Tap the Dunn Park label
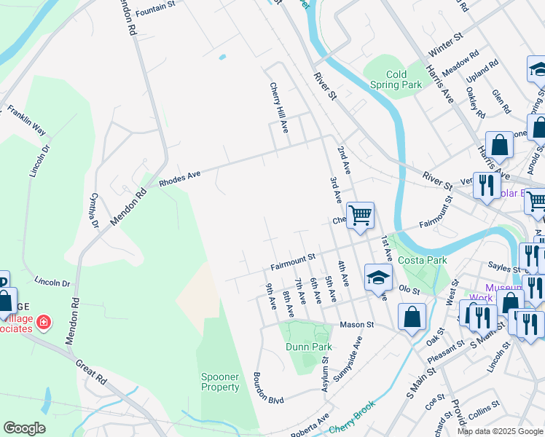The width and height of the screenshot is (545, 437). pyautogui.click(x=309, y=347)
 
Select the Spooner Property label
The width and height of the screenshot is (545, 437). pyautogui.click(x=220, y=382)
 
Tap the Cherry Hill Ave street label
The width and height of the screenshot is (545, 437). pyautogui.click(x=278, y=109)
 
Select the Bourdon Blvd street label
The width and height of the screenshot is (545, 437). pyautogui.click(x=267, y=389)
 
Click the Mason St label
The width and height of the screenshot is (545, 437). pyautogui.click(x=358, y=324)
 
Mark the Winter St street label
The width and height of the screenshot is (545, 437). pyautogui.click(x=446, y=43)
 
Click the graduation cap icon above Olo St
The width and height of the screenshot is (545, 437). pyautogui.click(x=379, y=278)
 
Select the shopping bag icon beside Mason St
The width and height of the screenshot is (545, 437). pyautogui.click(x=412, y=317)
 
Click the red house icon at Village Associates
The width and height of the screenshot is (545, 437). pyautogui.click(x=44, y=321)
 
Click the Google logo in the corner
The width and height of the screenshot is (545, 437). pyautogui.click(x=24, y=428)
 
